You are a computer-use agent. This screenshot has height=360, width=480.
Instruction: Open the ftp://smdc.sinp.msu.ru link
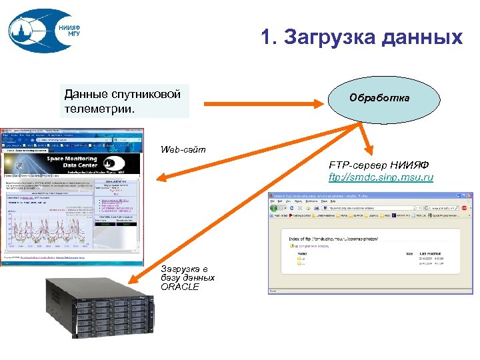click(x=381, y=177)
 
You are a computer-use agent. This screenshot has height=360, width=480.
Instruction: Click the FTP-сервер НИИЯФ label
click(x=378, y=165)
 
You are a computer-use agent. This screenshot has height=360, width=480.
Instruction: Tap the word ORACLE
click(x=179, y=287)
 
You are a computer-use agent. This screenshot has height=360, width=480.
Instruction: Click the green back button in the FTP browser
click(x=274, y=207)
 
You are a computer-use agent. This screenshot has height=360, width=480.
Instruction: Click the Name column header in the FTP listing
click(x=303, y=254)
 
